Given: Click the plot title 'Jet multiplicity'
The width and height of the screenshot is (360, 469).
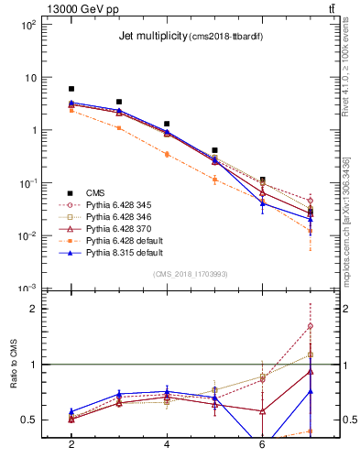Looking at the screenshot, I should tap(152, 37).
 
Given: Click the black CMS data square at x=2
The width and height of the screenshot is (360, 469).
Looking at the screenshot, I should tap(71, 89).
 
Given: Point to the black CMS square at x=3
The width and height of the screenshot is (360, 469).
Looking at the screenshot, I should tap(119, 102).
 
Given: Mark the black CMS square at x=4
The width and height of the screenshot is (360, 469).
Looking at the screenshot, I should tap(167, 124).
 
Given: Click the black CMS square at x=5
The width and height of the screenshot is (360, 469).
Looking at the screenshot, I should tap(214, 150).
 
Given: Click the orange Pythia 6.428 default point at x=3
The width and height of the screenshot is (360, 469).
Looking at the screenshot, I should tap(119, 127).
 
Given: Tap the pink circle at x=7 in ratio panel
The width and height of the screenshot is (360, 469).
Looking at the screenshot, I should tap(311, 326).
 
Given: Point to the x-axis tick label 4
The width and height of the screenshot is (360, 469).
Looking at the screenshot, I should tap(167, 444).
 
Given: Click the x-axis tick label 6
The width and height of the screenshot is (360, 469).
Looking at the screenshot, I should tap(262, 444).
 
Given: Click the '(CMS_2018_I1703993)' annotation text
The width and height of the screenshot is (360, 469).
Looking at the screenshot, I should tap(191, 273).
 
